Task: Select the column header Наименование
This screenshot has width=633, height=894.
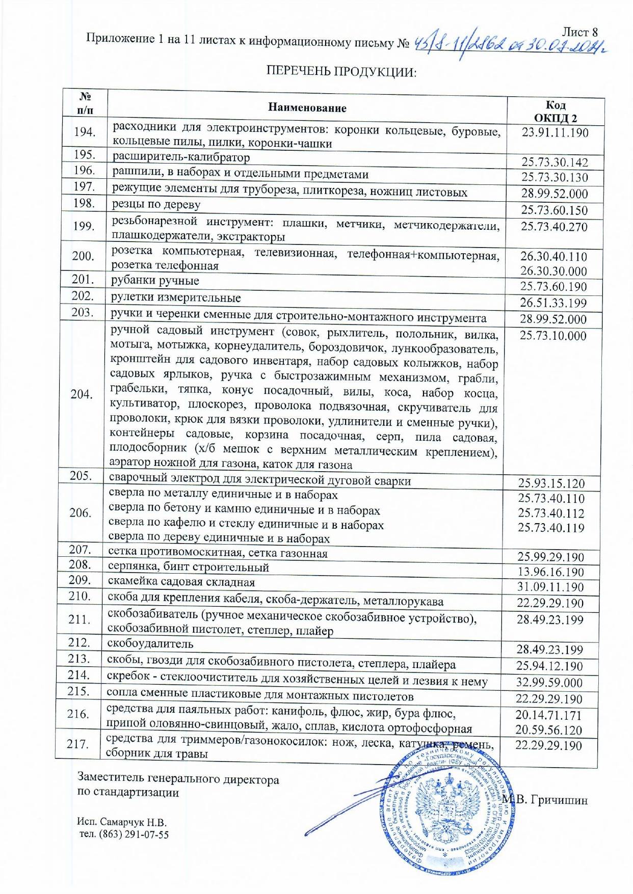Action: (x=307, y=108)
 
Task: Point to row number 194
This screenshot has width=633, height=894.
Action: (x=85, y=132)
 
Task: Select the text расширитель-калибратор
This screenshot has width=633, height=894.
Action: (x=181, y=157)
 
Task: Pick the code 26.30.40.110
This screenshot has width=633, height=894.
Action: (x=553, y=257)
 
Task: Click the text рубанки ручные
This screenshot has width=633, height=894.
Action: (x=155, y=281)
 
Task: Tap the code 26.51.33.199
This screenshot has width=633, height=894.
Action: (x=553, y=303)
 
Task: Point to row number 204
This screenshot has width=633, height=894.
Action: (x=82, y=394)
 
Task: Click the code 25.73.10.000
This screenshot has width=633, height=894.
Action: (x=553, y=336)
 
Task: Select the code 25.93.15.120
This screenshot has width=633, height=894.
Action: (x=551, y=483)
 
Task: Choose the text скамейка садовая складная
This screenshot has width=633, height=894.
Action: (x=181, y=582)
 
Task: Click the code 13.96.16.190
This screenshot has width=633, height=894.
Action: (x=550, y=572)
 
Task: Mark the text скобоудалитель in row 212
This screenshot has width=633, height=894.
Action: (x=150, y=643)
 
